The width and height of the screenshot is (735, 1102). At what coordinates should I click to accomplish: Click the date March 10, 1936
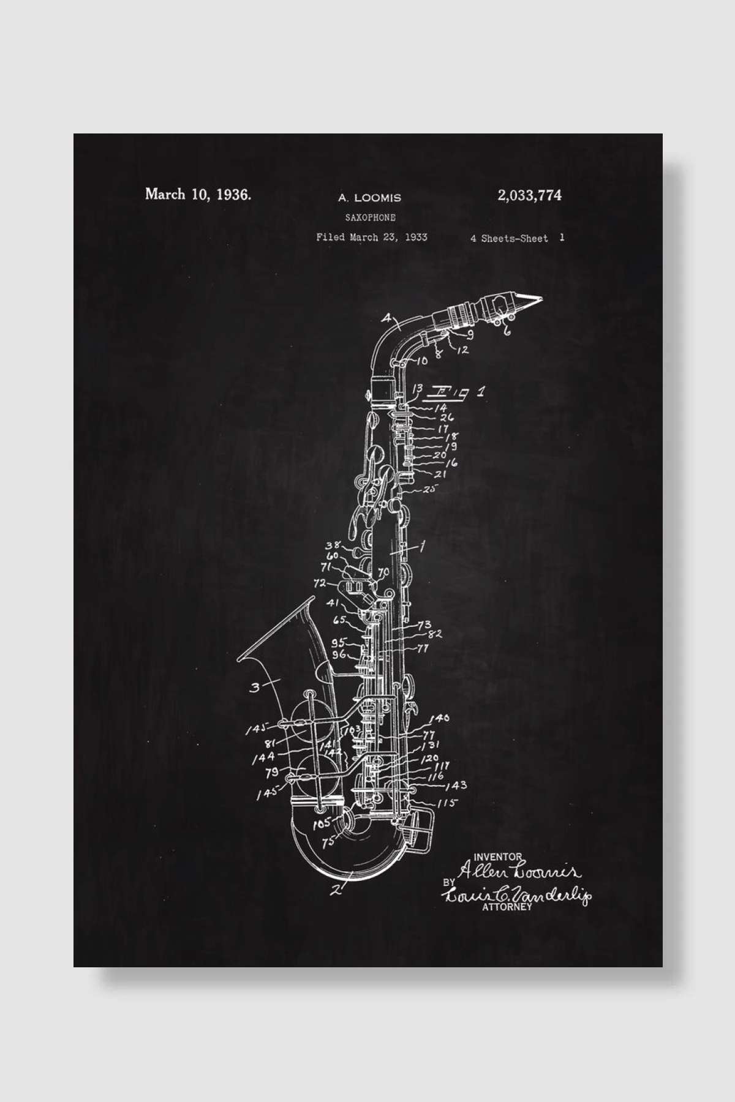pyautogui.click(x=198, y=195)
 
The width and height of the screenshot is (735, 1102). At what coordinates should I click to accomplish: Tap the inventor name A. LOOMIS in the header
pyautogui.click(x=369, y=198)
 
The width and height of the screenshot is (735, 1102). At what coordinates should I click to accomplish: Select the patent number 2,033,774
pyautogui.click(x=530, y=195)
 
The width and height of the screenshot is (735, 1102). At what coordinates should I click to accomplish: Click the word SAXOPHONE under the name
pyautogui.click(x=370, y=217)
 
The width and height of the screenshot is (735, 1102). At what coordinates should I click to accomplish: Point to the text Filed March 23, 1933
pyautogui.click(x=371, y=238)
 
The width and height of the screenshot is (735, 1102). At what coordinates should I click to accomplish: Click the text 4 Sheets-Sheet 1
pyautogui.click(x=517, y=238)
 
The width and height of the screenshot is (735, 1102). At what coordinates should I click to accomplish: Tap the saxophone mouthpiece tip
pyautogui.click(x=539, y=299)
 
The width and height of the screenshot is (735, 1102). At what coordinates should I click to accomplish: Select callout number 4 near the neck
pyautogui.click(x=386, y=318)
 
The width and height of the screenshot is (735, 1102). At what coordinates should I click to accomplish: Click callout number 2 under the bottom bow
pyautogui.click(x=335, y=891)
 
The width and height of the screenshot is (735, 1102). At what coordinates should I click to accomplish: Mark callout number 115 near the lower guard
pyautogui.click(x=448, y=803)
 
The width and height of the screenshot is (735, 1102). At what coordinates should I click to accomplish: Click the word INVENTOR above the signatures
pyautogui.click(x=497, y=856)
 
